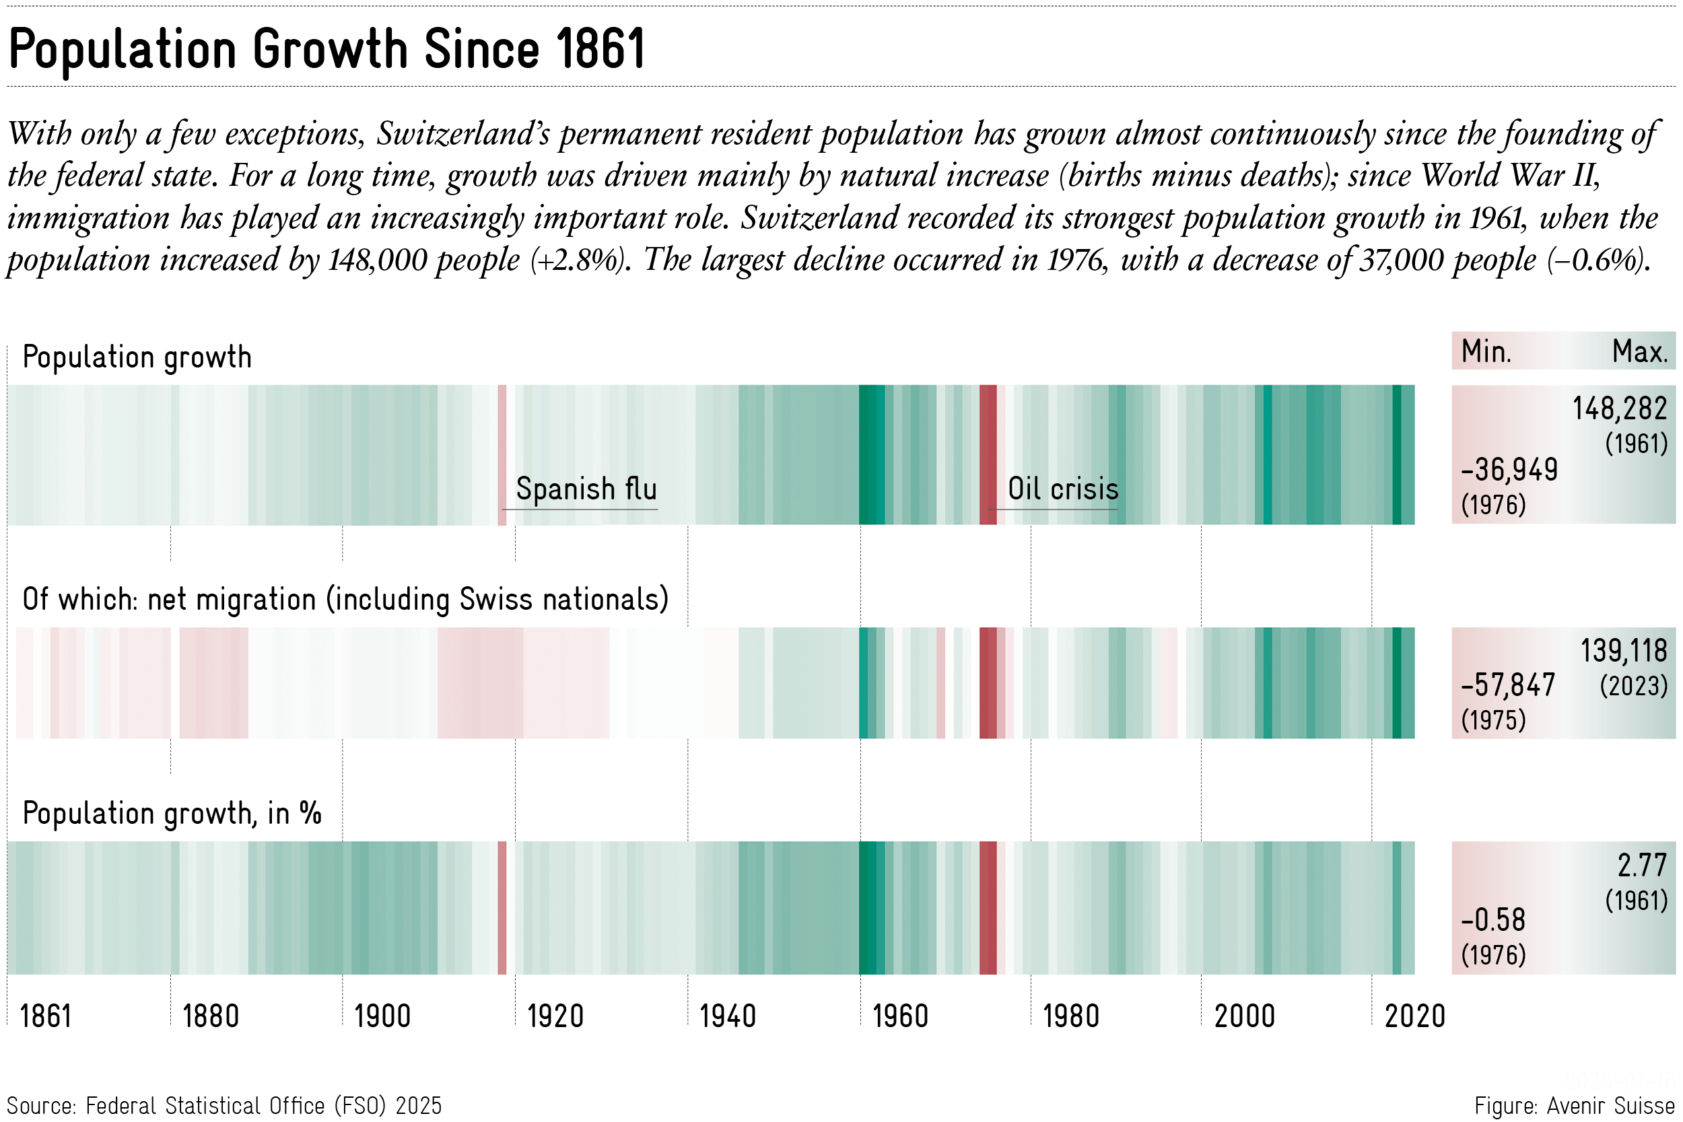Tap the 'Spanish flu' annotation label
(x=586, y=489)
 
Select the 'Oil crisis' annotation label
(x=1062, y=489)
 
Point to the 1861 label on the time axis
(x=46, y=1016)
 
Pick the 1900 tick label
(x=383, y=1016)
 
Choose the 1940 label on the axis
(x=728, y=1016)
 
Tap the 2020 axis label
(x=1414, y=1016)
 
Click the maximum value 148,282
(x=1619, y=409)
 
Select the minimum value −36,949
(x=1509, y=470)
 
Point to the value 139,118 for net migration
(x=1624, y=651)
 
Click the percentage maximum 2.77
(x=1642, y=866)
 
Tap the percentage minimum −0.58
(x=1493, y=920)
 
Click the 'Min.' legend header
(x=1486, y=352)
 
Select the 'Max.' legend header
(x=1639, y=352)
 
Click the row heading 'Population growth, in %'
(x=172, y=814)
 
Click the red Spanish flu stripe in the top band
(x=502, y=455)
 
